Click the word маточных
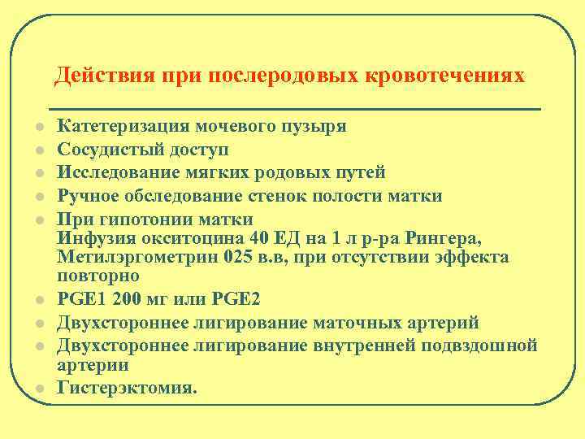tap(370, 323)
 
